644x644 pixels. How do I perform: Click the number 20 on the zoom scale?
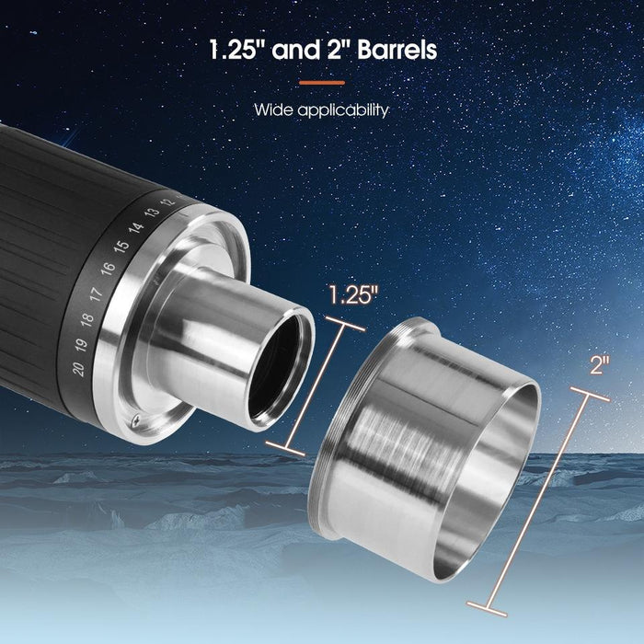click(x=78, y=370)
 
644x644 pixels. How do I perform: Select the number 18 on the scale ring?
click(x=87, y=320)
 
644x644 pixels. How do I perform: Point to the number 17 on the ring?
click(x=96, y=294)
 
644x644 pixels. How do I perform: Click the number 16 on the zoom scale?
click(x=108, y=269)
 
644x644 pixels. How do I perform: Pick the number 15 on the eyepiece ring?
click(x=121, y=247)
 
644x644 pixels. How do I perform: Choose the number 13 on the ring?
click(x=151, y=212)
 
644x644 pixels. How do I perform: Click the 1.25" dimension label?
click(x=353, y=296)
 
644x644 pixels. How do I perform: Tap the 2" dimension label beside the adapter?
click(x=600, y=365)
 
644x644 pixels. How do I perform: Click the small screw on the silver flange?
click(x=136, y=420)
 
